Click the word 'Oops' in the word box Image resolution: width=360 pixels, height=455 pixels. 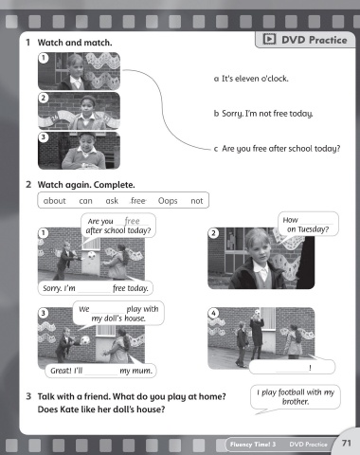(x=168, y=201)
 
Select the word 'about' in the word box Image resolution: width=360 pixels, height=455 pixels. (x=55, y=201)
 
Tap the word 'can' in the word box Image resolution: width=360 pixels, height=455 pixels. (x=85, y=201)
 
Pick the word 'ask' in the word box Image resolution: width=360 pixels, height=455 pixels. (x=112, y=201)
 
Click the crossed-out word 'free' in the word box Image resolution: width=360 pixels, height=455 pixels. (x=138, y=201)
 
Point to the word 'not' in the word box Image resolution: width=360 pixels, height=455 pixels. (x=197, y=201)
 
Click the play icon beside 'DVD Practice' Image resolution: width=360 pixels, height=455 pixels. (x=269, y=39)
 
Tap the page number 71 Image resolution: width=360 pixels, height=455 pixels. (x=347, y=443)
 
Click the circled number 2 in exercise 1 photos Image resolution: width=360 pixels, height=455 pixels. (x=44, y=98)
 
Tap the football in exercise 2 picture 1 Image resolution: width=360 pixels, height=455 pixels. (x=91, y=255)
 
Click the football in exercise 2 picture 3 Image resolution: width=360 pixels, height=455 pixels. (x=85, y=340)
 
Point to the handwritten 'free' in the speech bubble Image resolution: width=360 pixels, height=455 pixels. (x=132, y=221)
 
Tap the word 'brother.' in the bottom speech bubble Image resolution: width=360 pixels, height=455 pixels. (x=296, y=402)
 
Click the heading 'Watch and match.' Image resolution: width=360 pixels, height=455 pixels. (x=75, y=43)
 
